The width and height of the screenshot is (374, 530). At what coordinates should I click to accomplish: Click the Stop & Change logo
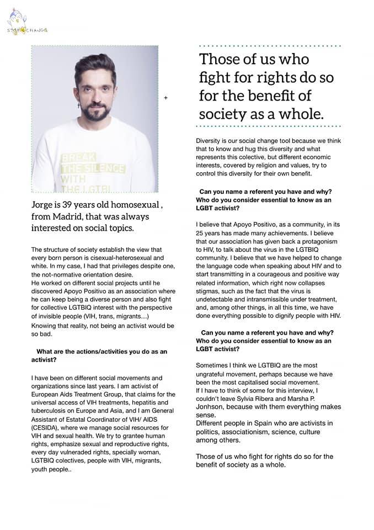tap(26, 29)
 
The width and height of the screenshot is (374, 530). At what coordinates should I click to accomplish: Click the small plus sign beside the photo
tap(165, 98)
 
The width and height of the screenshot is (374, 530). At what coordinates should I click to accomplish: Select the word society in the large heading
tap(227, 114)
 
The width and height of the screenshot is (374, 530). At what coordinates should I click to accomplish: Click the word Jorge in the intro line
tap(44, 205)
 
